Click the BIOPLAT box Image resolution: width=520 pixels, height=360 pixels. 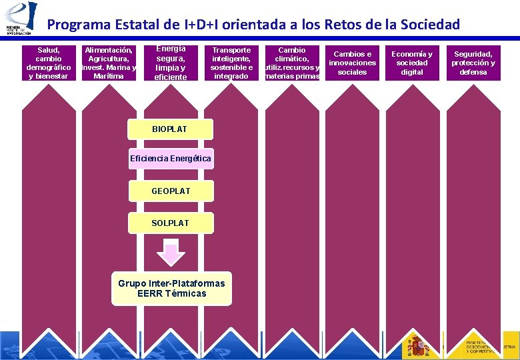[170, 129]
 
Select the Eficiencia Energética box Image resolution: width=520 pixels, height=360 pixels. [171, 159]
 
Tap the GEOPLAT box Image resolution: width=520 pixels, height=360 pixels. [171, 191]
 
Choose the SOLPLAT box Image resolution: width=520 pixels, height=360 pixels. [171, 223]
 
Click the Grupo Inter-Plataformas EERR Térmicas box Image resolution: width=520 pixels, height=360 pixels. [171, 289]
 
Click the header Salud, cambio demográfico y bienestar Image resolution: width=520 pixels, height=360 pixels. [48, 63]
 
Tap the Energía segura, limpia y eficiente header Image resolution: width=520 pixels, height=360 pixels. [171, 63]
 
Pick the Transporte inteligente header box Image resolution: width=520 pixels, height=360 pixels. [231, 63]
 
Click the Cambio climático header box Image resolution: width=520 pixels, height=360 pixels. [292, 63]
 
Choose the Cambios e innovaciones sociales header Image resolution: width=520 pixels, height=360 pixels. [353, 63]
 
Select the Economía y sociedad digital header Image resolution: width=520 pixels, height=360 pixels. [412, 63]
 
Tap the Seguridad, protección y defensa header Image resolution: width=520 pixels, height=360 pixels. [473, 63]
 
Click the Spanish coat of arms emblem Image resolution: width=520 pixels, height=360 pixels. [418, 345]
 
